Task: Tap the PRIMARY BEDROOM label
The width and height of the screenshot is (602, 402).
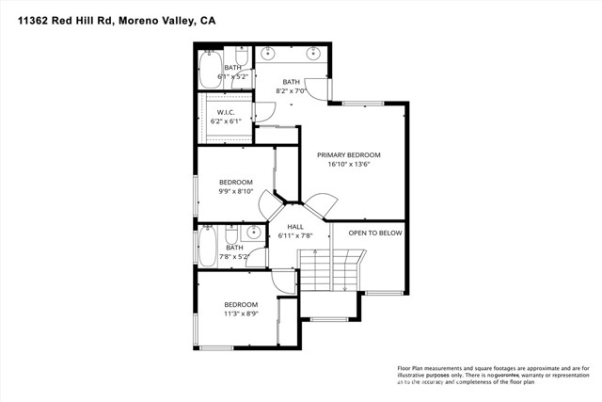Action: (x=348, y=154)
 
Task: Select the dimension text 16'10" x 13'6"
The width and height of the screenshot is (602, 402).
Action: (x=348, y=164)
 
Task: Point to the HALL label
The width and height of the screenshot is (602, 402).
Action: (x=295, y=227)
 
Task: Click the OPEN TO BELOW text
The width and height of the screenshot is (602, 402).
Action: (x=375, y=233)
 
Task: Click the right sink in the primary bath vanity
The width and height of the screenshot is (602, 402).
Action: (x=315, y=54)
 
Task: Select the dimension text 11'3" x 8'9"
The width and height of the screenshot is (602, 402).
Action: (x=241, y=314)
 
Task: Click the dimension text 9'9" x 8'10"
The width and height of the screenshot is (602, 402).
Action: (x=236, y=191)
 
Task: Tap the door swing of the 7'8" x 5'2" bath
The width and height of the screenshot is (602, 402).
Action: (x=281, y=280)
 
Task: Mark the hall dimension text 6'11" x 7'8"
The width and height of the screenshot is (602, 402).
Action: (x=295, y=236)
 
